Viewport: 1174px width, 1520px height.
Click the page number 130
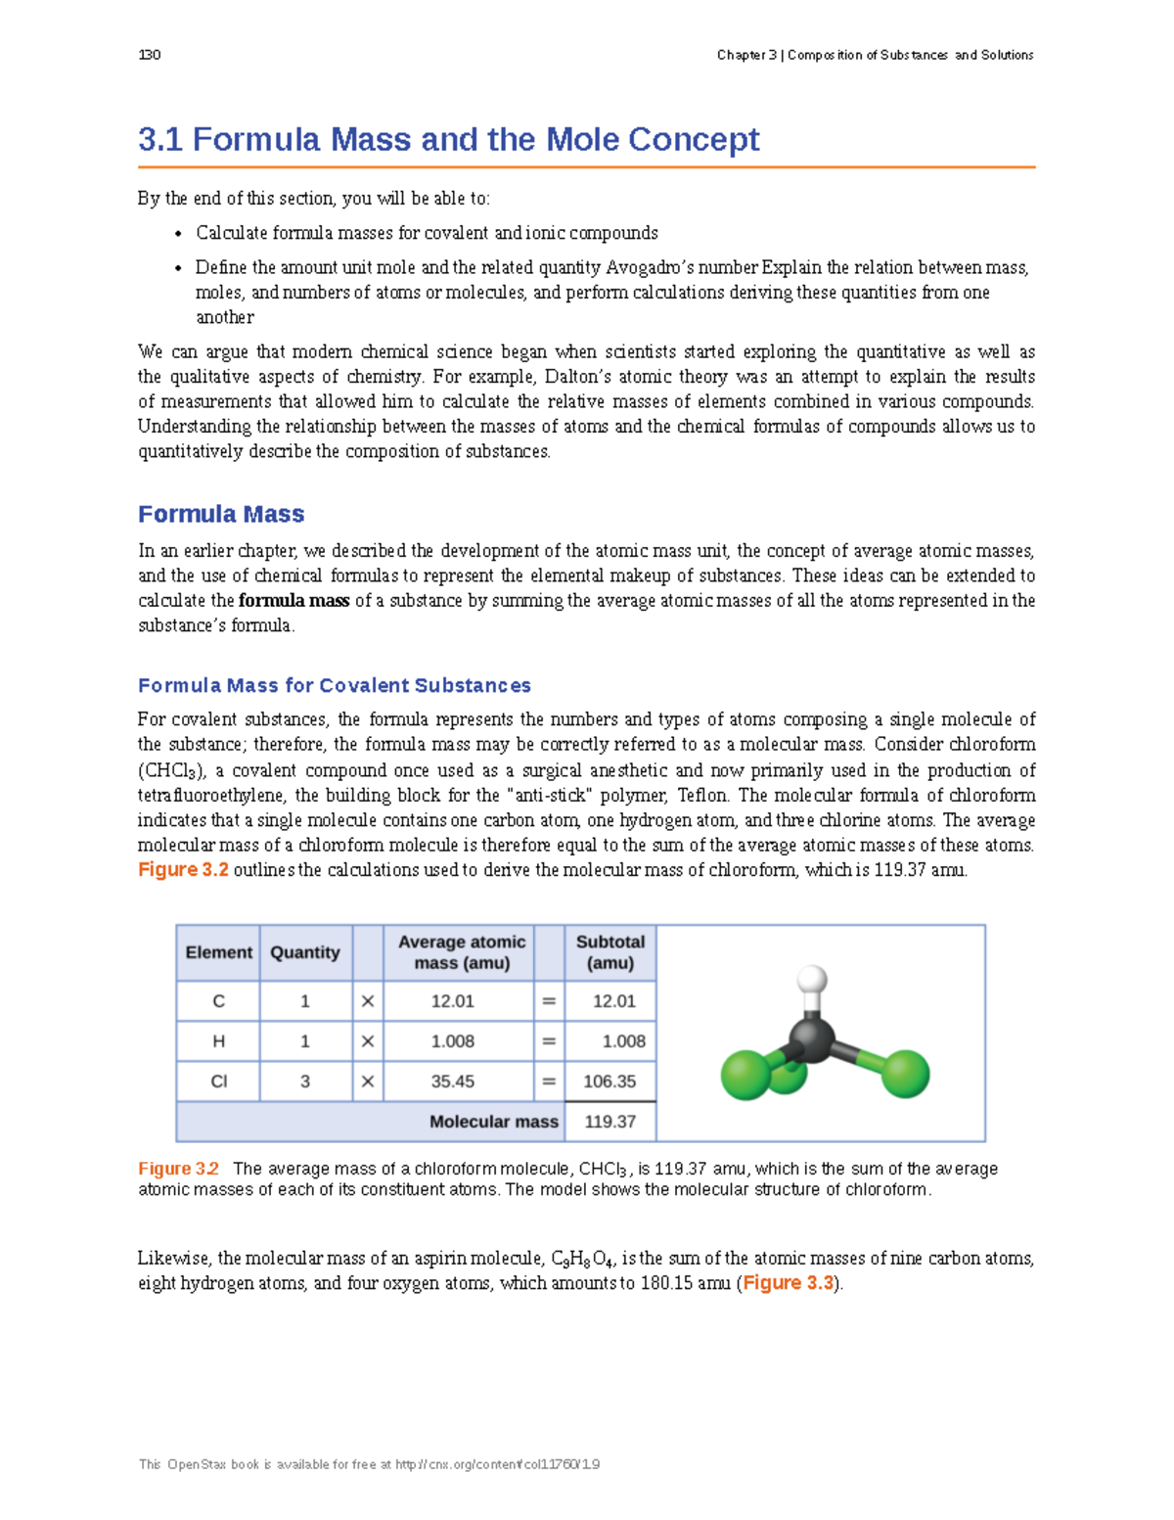click(150, 55)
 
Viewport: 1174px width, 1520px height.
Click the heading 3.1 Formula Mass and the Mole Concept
click(448, 139)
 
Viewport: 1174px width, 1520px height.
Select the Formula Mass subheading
click(221, 514)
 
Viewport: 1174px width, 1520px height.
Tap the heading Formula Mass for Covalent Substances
click(335, 685)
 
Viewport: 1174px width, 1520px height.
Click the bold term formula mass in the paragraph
click(293, 601)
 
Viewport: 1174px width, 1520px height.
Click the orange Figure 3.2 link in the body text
click(183, 870)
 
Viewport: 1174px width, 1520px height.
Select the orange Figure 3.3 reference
click(788, 1283)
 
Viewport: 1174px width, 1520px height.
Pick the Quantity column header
click(305, 952)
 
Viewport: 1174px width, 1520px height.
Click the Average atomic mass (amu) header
click(461, 952)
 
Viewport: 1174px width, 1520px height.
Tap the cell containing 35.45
click(453, 1082)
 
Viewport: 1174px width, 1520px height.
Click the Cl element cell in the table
click(218, 1082)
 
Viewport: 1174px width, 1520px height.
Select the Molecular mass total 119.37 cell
click(610, 1122)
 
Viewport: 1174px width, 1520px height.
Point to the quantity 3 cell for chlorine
click(305, 1082)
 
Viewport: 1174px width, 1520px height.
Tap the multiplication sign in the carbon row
click(368, 1001)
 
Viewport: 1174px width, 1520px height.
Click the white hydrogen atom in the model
click(812, 979)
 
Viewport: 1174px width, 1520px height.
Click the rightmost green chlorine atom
click(905, 1074)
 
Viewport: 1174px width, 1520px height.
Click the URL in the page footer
click(497, 1464)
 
